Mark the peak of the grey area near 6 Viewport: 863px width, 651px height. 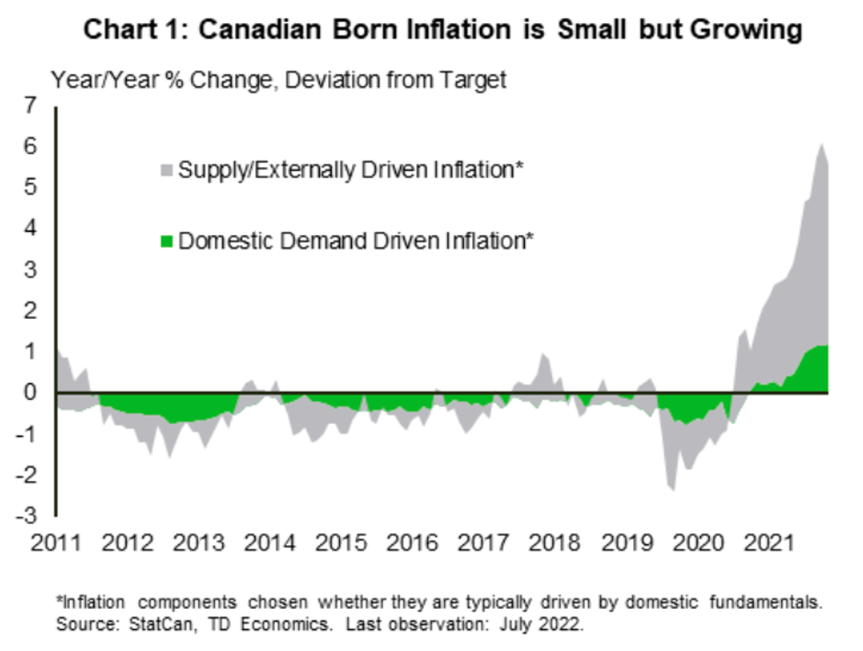[x=822, y=144]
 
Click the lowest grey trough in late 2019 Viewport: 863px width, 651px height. [x=673, y=490]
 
